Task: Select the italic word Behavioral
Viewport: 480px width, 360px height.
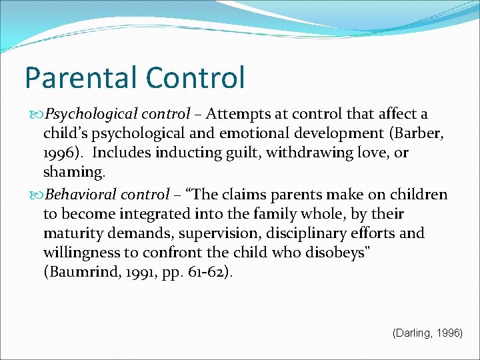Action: tap(77, 195)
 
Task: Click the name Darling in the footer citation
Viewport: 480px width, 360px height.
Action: tap(413, 333)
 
